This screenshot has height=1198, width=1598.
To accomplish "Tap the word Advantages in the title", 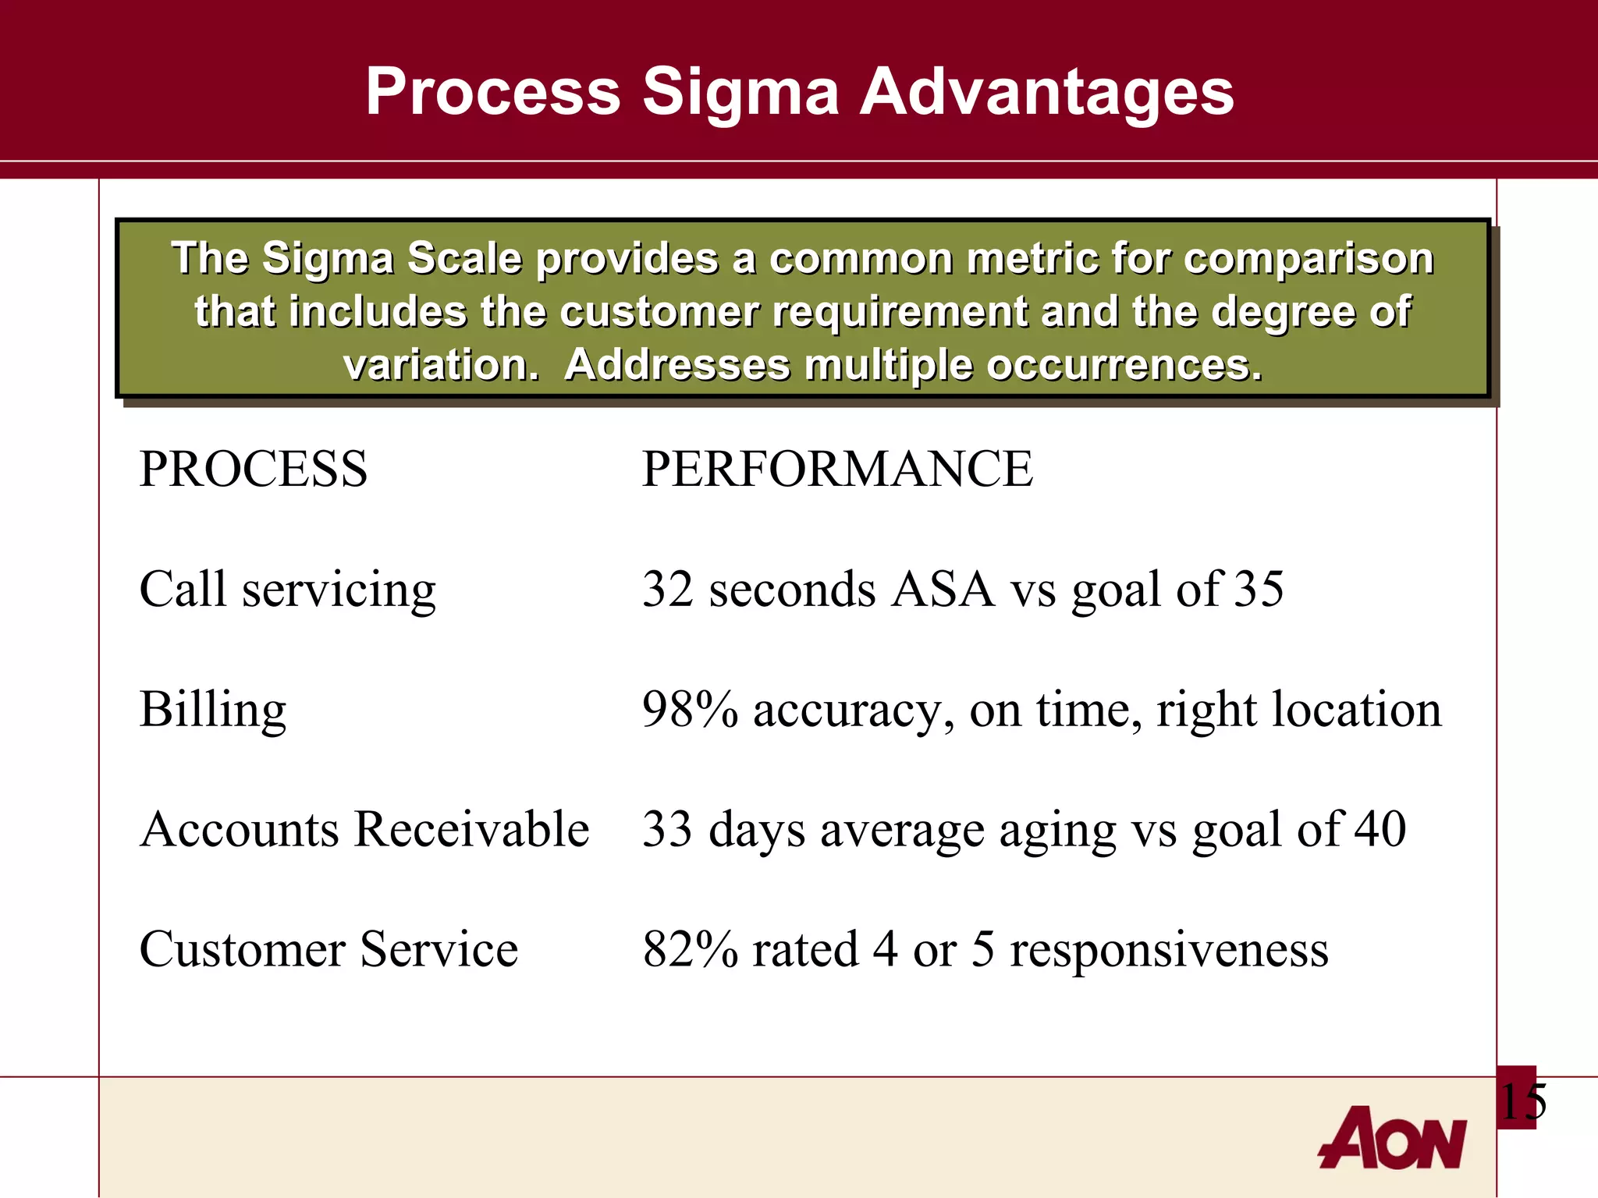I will (x=1046, y=92).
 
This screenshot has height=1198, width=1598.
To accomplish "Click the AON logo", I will (x=1392, y=1138).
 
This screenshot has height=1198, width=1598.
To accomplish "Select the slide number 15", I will (x=1522, y=1102).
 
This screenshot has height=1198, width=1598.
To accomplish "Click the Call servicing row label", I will (x=287, y=590).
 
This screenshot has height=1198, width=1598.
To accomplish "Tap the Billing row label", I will (x=213, y=710).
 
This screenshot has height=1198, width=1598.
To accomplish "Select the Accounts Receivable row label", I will (x=364, y=829).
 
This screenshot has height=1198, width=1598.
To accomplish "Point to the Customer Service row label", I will (x=328, y=949).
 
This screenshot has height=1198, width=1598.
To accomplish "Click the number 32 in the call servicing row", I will (x=668, y=590).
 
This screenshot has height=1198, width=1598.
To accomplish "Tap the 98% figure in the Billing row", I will (x=690, y=710).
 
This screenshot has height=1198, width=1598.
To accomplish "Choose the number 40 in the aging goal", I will (x=1380, y=829).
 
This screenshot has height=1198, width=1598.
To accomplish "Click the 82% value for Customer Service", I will (x=690, y=949).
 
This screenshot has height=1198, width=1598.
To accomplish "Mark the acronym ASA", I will (x=943, y=590).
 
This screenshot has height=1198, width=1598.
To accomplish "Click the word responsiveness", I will (x=1168, y=949).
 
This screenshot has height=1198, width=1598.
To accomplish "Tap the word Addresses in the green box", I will (x=676, y=365).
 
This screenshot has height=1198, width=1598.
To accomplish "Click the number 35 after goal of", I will (x=1259, y=590).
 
